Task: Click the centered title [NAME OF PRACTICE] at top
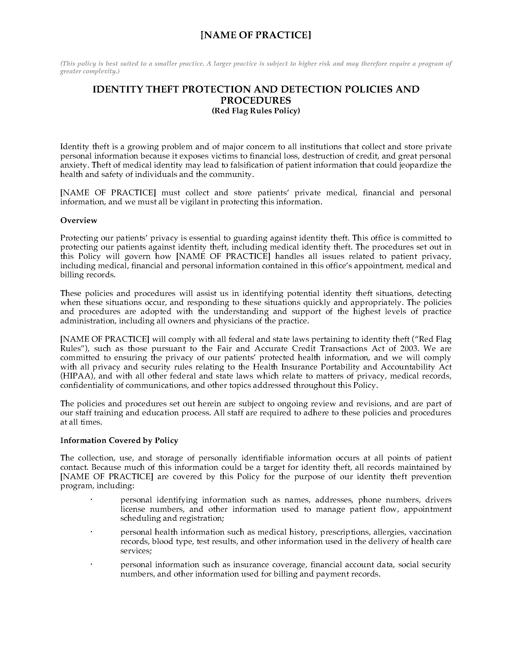coord(256,35)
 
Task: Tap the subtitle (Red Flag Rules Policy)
coord(256,111)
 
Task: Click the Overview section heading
coord(79,220)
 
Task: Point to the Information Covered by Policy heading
coord(119,441)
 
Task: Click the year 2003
coord(411,348)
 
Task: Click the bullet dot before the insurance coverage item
coord(91,564)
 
